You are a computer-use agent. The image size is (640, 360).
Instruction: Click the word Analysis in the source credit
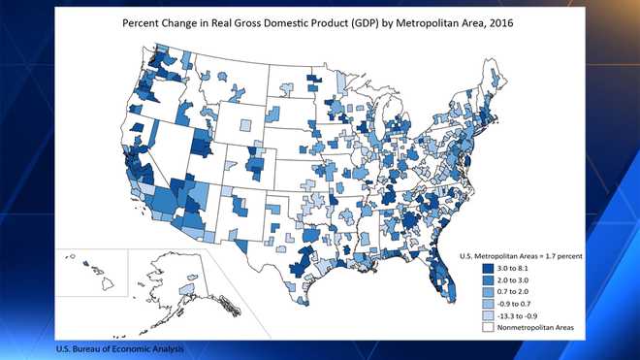163,348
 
